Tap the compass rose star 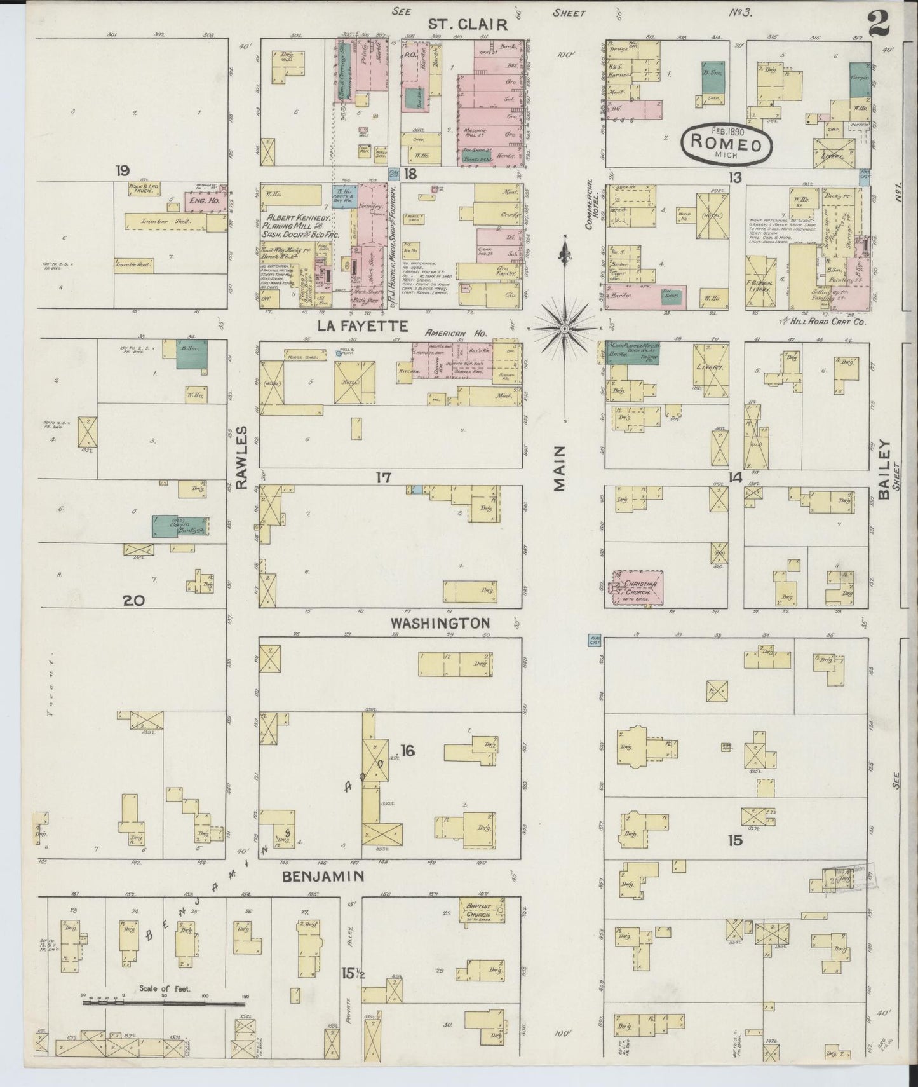pos(564,329)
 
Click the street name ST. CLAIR pos(468,24)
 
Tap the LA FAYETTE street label pos(361,327)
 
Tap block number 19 pos(123,170)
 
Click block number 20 pos(135,600)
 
